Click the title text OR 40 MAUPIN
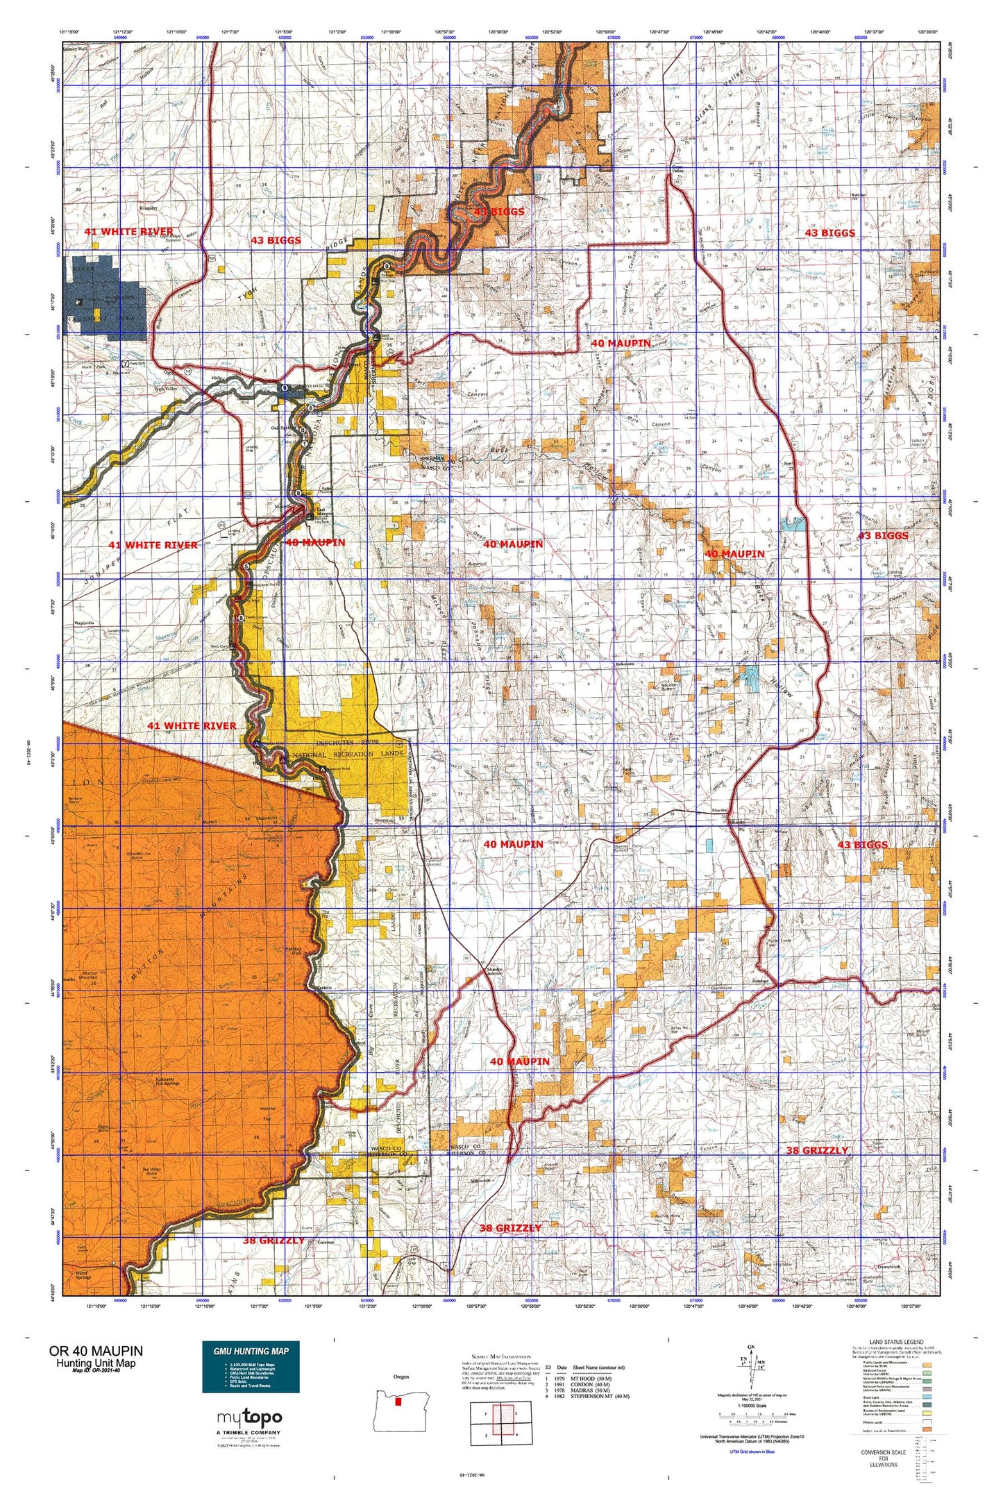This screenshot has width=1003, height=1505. point(96,1350)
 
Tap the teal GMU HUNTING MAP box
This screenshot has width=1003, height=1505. point(251,1366)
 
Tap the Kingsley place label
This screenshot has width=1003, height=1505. point(149,208)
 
